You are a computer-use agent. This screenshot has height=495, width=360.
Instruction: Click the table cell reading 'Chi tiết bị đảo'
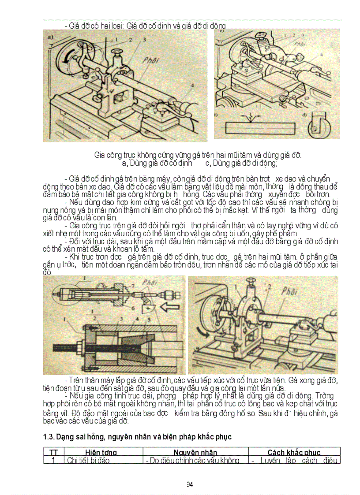[x=88, y=461]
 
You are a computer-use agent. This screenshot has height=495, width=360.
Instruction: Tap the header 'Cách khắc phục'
[x=294, y=453]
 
